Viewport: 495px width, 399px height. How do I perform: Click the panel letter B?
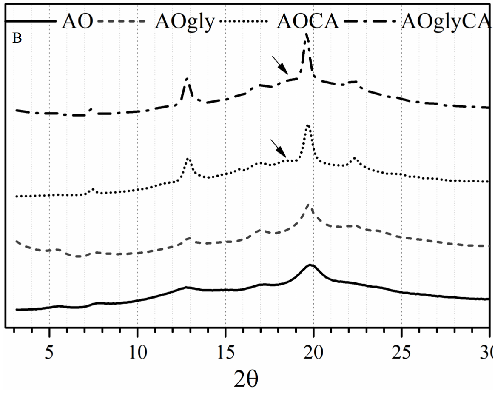click(x=17, y=38)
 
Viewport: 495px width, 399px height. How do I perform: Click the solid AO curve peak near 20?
click(x=311, y=265)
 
